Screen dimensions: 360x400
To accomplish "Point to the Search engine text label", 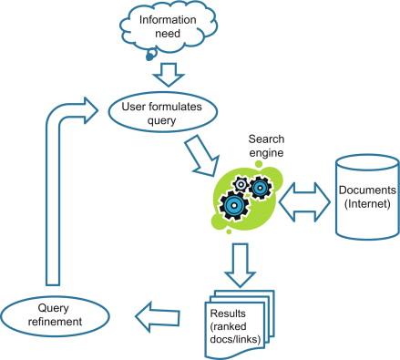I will coord(260,142).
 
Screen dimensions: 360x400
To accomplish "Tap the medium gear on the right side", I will coord(259,189).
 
